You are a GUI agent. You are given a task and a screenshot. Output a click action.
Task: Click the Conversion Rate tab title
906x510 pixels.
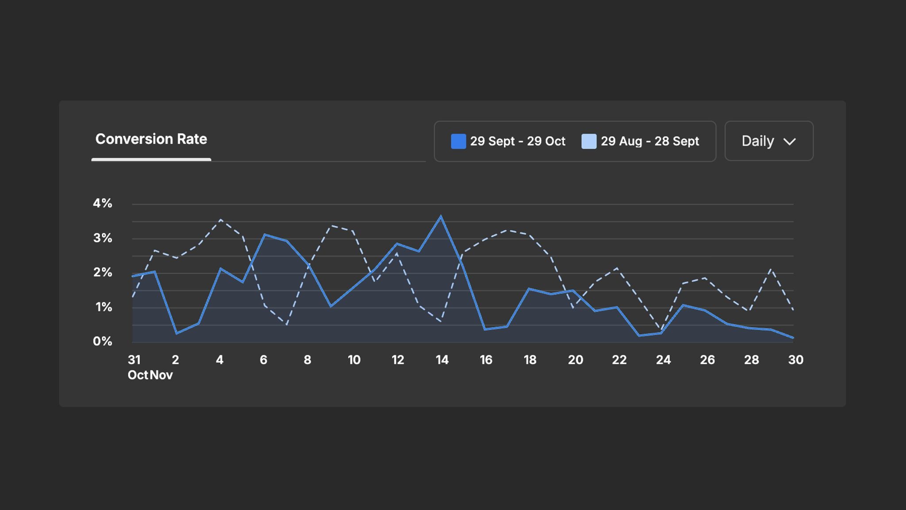(151, 139)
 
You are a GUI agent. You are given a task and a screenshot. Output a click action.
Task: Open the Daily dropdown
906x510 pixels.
(768, 141)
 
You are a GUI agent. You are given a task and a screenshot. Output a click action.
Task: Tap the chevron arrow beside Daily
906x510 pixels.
(790, 142)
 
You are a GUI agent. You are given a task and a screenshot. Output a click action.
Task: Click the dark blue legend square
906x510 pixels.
(458, 141)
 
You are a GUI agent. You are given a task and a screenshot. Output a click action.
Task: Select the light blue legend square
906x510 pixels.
(589, 141)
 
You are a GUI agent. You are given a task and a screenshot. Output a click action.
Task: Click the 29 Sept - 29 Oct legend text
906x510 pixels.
(518, 141)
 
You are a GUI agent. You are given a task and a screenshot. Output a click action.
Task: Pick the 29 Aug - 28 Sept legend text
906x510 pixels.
(650, 141)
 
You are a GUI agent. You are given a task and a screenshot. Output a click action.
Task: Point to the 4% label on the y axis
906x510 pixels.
(102, 203)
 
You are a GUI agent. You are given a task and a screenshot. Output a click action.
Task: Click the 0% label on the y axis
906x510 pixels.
(102, 341)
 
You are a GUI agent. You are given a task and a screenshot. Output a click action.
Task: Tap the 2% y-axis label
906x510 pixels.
(102, 272)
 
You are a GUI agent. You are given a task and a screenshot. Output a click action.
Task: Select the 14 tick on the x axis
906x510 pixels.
(442, 360)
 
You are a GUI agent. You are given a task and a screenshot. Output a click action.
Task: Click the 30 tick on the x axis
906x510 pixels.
(795, 360)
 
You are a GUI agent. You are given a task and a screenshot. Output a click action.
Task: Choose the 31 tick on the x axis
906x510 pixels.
(134, 360)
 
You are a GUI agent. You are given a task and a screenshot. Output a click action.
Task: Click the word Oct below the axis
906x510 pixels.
(138, 375)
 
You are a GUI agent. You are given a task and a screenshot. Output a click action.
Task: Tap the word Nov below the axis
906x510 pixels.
(161, 375)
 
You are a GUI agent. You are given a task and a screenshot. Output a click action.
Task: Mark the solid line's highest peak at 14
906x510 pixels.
(441, 216)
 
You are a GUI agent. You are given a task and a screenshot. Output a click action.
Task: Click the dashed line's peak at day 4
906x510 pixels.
(221, 220)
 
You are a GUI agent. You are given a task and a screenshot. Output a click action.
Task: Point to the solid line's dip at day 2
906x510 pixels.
(177, 333)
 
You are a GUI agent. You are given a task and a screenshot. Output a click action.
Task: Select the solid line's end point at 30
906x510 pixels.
(793, 338)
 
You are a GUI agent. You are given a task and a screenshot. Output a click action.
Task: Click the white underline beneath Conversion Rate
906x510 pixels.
(151, 159)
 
